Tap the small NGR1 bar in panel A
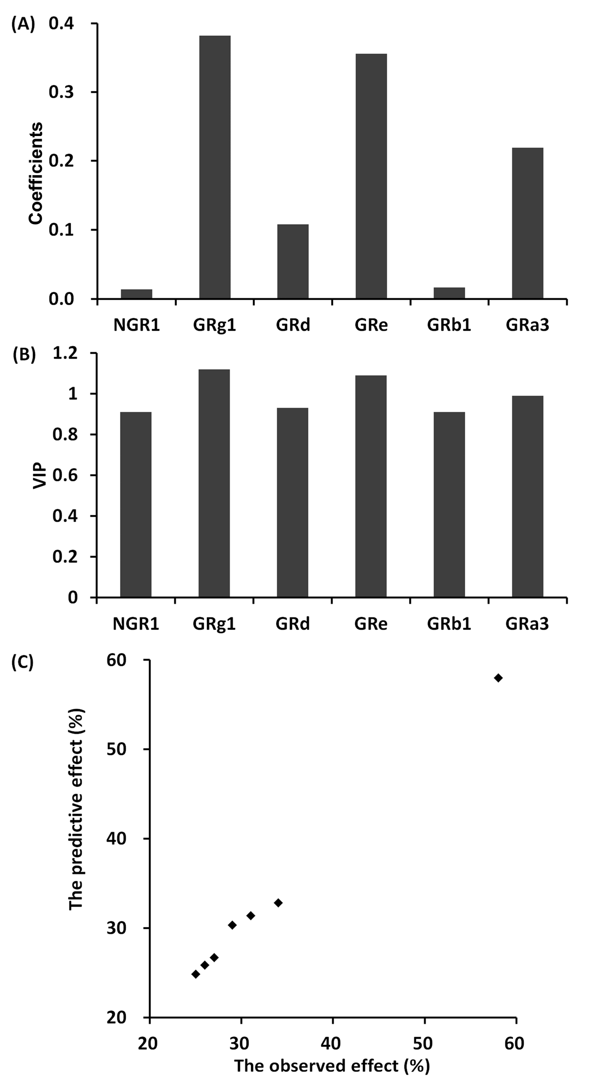(x=137, y=294)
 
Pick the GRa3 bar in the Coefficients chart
(x=528, y=223)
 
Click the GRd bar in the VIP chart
(x=293, y=502)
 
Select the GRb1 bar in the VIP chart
(x=449, y=504)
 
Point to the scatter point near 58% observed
(x=498, y=678)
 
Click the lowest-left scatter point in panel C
(x=196, y=974)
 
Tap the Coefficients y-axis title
(x=36, y=174)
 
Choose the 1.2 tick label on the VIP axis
(x=66, y=353)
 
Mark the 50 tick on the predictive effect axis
(x=119, y=749)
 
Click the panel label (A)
(x=23, y=24)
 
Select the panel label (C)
(x=23, y=662)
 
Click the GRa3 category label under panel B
(x=528, y=624)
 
